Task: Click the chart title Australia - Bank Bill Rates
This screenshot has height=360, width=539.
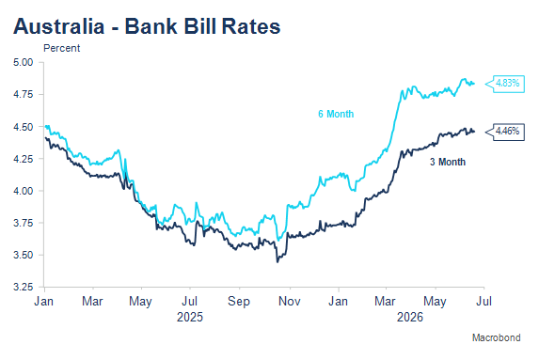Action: coord(147,26)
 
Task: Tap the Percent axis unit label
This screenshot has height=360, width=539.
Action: coord(61,48)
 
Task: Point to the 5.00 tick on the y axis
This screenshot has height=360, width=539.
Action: coord(23,62)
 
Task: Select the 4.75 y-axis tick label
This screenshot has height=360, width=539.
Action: coord(23,94)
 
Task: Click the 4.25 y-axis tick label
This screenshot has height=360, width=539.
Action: coord(23,159)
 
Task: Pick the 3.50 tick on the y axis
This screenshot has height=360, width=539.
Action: coord(23,255)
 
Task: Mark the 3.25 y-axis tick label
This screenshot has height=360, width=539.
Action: coord(23,287)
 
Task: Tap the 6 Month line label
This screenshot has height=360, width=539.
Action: coord(336,114)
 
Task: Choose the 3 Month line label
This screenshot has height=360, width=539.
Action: coord(448,162)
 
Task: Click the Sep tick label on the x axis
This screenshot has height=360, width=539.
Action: coord(239,302)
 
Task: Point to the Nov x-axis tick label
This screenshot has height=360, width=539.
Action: coord(290,302)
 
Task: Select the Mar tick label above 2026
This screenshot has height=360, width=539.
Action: coord(385,302)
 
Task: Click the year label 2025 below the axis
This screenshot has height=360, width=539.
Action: coord(190,317)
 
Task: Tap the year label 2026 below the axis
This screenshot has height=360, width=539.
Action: coord(410,317)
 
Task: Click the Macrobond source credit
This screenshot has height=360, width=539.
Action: coord(497,337)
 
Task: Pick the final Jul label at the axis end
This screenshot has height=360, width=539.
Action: coord(484,302)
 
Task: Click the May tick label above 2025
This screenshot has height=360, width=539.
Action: coord(140,302)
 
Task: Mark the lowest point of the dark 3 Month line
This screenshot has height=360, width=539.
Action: coord(277,262)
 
